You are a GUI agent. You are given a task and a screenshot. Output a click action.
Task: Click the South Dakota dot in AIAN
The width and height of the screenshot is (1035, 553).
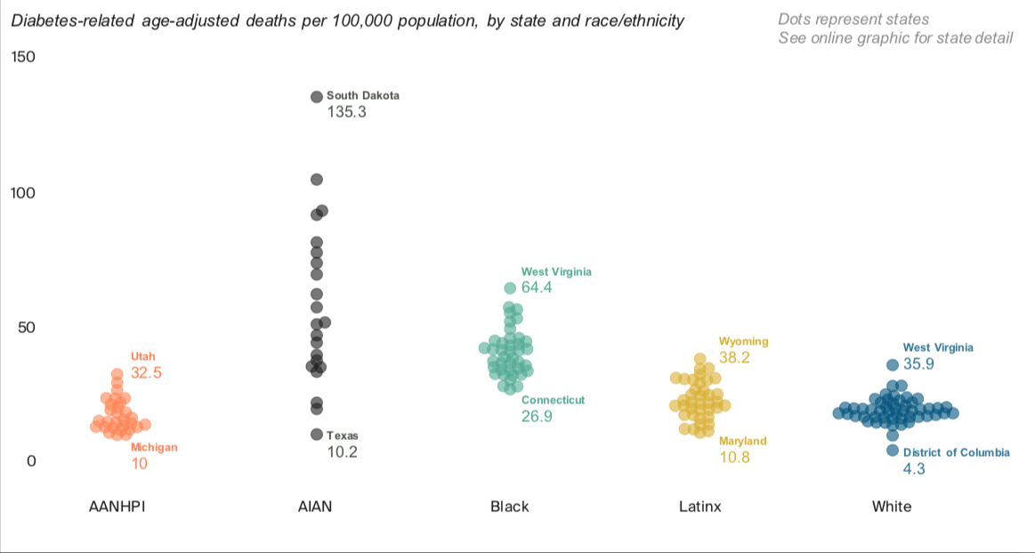click(x=316, y=97)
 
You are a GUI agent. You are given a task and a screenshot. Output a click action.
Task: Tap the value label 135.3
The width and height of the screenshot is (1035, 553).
click(x=346, y=113)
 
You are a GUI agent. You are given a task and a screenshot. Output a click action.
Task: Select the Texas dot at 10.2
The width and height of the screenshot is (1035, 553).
click(x=316, y=435)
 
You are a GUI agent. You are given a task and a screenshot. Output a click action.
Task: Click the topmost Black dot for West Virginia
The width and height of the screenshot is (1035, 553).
click(x=510, y=288)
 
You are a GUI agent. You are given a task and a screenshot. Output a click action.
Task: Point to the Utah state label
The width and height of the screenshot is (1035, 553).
click(x=142, y=356)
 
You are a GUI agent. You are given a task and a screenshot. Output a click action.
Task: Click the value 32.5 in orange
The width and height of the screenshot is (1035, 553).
click(x=146, y=373)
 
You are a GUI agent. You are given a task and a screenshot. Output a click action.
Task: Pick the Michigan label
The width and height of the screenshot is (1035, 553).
click(x=154, y=448)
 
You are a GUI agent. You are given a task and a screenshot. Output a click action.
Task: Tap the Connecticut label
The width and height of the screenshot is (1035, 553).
click(x=553, y=401)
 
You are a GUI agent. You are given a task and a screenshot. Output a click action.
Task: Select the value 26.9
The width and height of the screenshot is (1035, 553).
click(x=537, y=417)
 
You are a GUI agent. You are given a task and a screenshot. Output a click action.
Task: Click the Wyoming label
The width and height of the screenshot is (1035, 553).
click(x=743, y=342)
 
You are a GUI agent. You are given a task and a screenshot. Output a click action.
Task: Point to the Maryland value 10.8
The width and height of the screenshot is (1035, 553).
click(x=734, y=458)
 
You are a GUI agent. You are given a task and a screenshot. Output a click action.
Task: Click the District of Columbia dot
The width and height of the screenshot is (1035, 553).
click(x=893, y=451)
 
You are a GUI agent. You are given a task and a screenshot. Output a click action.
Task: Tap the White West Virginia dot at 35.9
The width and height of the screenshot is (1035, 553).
click(x=893, y=365)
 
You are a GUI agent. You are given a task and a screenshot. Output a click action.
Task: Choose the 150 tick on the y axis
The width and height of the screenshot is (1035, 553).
click(x=22, y=57)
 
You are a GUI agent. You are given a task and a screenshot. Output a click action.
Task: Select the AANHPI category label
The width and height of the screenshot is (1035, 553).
click(x=117, y=507)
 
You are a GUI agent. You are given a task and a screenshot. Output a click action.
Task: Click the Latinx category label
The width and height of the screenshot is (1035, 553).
click(x=699, y=507)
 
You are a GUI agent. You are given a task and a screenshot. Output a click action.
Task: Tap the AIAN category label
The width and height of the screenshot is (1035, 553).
click(x=315, y=507)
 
